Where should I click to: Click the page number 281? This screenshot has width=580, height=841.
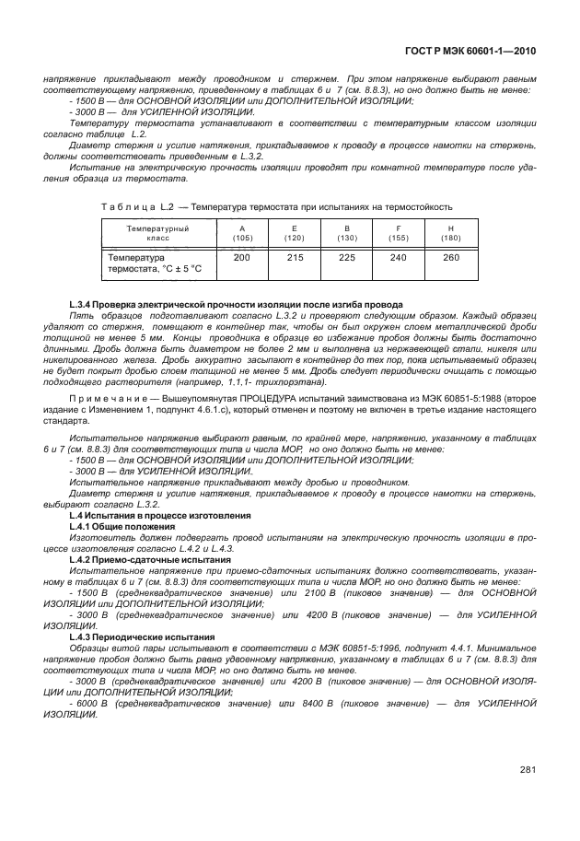point(528,770)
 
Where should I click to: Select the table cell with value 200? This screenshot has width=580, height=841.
point(242,258)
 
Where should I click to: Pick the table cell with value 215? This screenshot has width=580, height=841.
point(295,258)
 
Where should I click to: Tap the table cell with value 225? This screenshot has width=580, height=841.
point(346,258)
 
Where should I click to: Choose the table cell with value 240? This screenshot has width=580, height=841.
point(399,258)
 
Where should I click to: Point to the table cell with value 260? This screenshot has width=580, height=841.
point(450,258)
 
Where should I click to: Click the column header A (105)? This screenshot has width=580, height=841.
point(242,232)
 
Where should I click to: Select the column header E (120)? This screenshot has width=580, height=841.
point(295,232)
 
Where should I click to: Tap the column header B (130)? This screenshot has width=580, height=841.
point(346,232)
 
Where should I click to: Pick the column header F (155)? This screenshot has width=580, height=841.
point(399,232)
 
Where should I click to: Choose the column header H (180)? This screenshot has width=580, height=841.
point(450,232)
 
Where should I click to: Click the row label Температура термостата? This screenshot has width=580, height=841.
point(155,263)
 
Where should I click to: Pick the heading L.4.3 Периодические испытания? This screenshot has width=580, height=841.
point(142,637)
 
